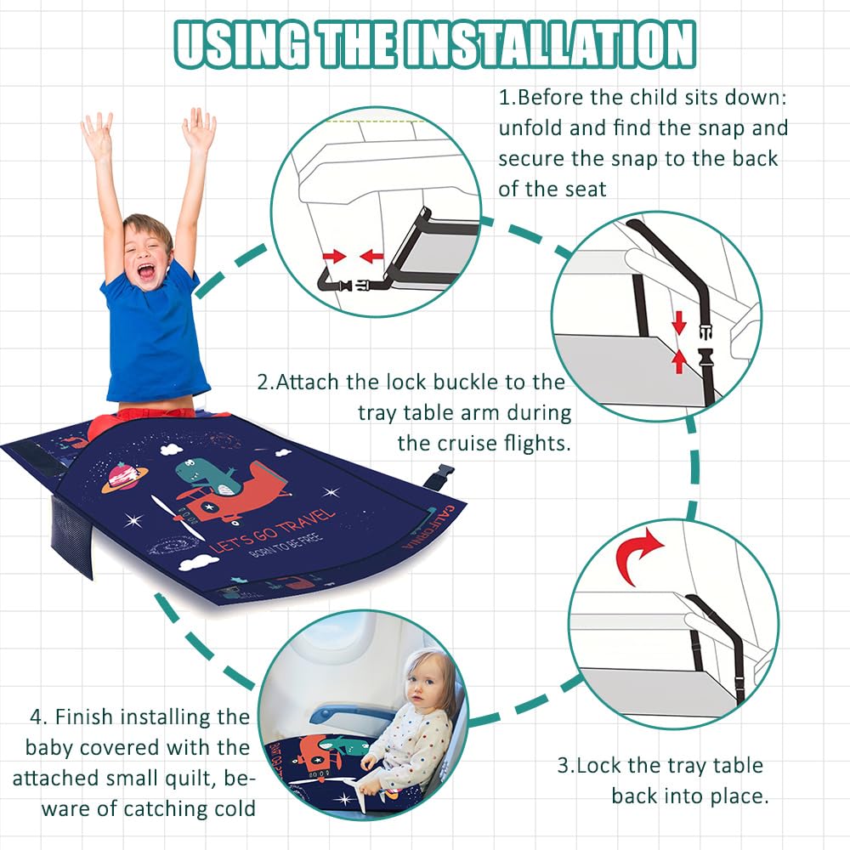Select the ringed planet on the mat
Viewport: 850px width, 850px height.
pyautogui.click(x=124, y=477)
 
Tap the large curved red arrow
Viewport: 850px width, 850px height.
pyautogui.click(x=638, y=557)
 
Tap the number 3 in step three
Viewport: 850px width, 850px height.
pyautogui.click(x=564, y=766)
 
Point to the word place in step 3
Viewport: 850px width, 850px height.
pyautogui.click(x=739, y=797)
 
